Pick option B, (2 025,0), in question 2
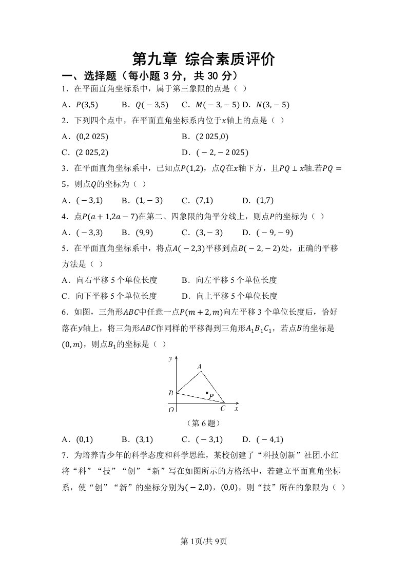pyautogui.click(x=205, y=137)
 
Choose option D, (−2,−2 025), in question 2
pyautogui.click(x=215, y=152)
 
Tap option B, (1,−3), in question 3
pyautogui.click(x=142, y=200)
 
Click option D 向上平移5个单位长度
pyautogui.click(x=229, y=296)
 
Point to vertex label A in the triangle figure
pyautogui.click(x=200, y=367)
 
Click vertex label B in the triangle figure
pyautogui.click(x=170, y=393)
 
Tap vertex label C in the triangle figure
pyautogui.click(x=223, y=409)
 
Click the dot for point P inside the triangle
pyautogui.click(x=207, y=393)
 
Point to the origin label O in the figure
pyautogui.click(x=171, y=409)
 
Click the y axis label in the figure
pyautogui.click(x=170, y=359)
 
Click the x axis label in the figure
pyautogui.click(x=236, y=409)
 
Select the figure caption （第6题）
pyautogui.click(x=203, y=424)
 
